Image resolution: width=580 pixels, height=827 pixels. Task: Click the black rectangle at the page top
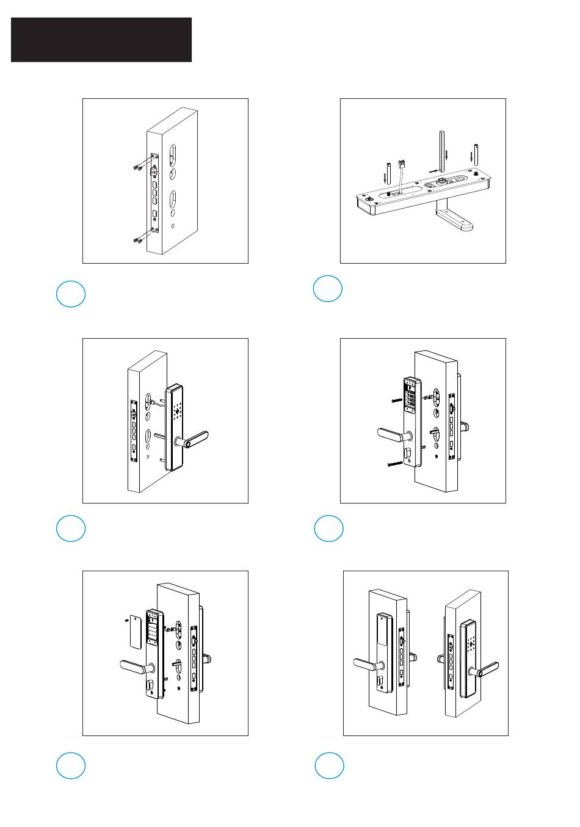101,40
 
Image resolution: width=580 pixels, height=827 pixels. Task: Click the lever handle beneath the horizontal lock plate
454,220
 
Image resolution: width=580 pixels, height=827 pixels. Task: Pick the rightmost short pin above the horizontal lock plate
476,157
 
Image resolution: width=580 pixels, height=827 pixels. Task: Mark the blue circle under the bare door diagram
70,294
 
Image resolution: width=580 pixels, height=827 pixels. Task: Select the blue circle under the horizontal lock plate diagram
327,289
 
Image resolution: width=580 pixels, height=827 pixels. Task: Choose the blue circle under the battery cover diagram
70,766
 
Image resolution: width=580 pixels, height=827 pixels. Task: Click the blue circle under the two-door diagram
329,766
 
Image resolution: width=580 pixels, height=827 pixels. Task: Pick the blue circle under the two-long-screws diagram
328,529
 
